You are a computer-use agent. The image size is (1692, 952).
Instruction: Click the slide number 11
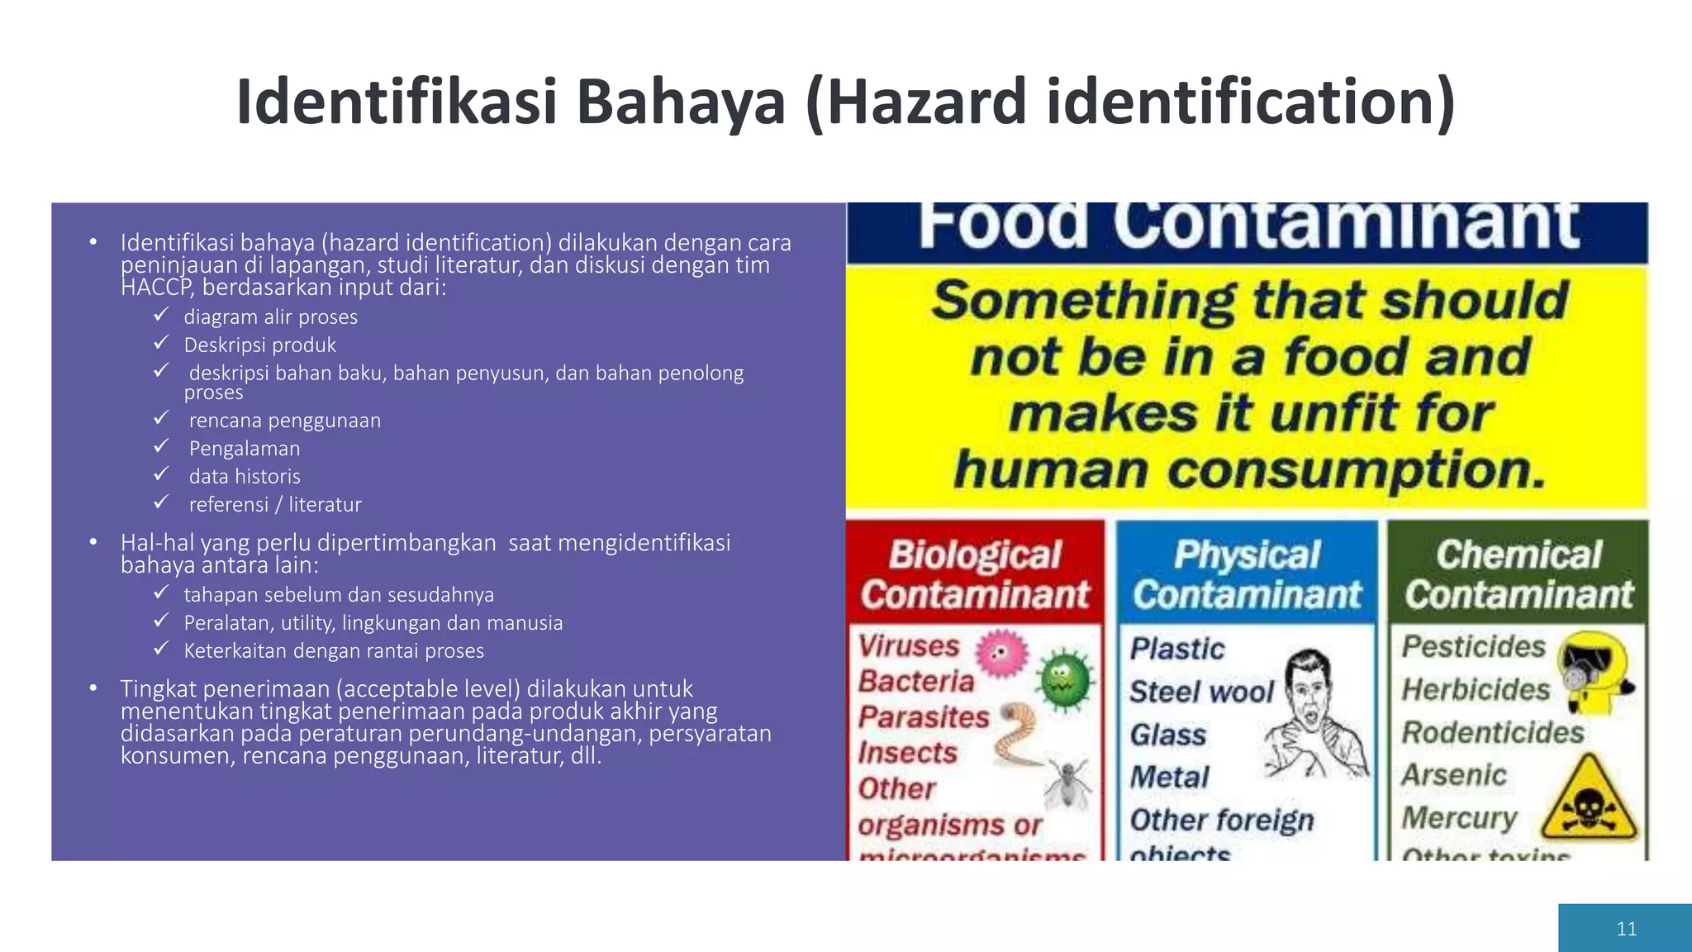(1626, 929)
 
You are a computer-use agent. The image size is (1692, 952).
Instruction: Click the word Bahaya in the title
(681, 102)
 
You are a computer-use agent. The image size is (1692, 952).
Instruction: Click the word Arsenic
(1454, 775)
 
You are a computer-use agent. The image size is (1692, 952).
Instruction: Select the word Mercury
(1459, 818)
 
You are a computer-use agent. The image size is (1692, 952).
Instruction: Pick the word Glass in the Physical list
(1168, 735)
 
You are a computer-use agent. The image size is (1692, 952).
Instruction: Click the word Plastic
(1177, 650)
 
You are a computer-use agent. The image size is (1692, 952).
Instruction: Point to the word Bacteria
(916, 682)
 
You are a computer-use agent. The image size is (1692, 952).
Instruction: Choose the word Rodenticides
(1493, 733)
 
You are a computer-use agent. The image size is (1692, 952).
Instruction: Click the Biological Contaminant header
(975, 574)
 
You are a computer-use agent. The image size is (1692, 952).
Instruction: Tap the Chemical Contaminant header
(1519, 574)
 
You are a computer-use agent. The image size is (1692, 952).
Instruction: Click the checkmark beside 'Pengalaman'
(161, 447)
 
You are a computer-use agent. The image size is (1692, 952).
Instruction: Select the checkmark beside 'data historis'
(161, 475)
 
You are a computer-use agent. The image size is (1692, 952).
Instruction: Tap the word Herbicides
(1476, 690)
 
